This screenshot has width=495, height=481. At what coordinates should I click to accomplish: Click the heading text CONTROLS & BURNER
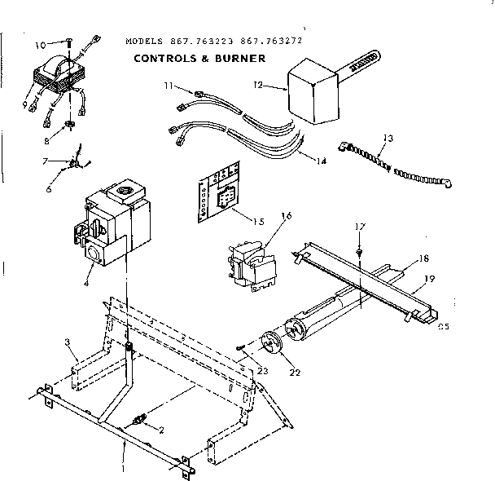point(199,59)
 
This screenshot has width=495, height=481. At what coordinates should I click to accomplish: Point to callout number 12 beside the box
point(259,84)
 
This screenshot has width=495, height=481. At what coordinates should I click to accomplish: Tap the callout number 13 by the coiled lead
point(386,138)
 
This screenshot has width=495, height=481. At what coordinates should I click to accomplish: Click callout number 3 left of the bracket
point(68,343)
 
